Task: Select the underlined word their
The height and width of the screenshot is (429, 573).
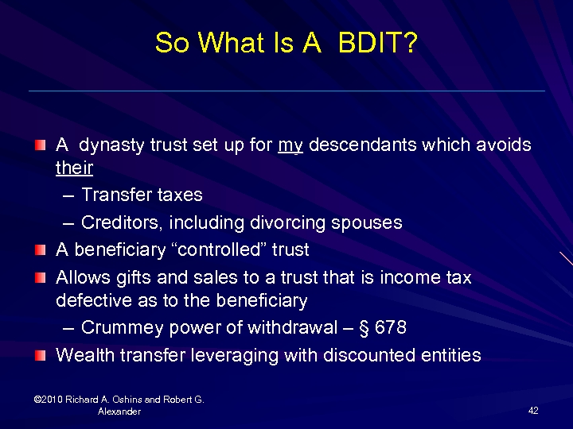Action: pos(74,168)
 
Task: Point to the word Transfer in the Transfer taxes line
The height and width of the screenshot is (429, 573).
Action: pos(113,195)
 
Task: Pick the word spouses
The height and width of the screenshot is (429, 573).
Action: pos(372,222)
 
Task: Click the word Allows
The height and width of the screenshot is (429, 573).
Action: pos(81,277)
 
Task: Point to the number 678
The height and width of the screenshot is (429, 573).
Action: pos(391,327)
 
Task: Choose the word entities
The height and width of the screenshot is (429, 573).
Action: pos(451,354)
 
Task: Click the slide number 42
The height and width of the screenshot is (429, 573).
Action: pos(533,410)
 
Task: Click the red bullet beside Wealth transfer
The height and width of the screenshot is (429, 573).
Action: pos(41,354)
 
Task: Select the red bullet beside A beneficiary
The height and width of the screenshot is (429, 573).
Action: pos(41,249)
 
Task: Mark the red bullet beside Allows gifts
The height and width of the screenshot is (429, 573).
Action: pos(41,277)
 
